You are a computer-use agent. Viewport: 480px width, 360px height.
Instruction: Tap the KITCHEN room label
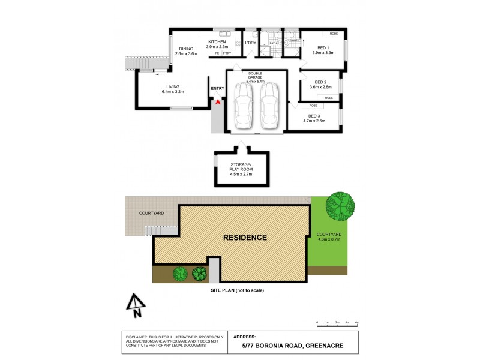click(217, 41)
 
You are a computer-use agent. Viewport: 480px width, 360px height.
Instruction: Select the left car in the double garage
click(243, 105)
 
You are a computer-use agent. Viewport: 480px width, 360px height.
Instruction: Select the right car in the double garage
click(270, 105)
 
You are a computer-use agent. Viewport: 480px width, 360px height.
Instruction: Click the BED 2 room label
click(322, 82)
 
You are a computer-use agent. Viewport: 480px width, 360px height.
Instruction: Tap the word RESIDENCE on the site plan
click(245, 238)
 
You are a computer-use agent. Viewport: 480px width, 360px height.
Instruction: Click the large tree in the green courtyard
click(340, 206)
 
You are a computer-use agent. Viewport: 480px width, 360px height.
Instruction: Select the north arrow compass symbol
click(136, 305)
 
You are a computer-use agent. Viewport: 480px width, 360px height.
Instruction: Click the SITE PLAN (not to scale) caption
click(237, 290)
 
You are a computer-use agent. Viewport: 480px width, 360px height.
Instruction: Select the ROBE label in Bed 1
click(334, 34)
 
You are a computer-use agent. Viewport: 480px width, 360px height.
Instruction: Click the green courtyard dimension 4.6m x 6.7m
click(329, 239)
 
